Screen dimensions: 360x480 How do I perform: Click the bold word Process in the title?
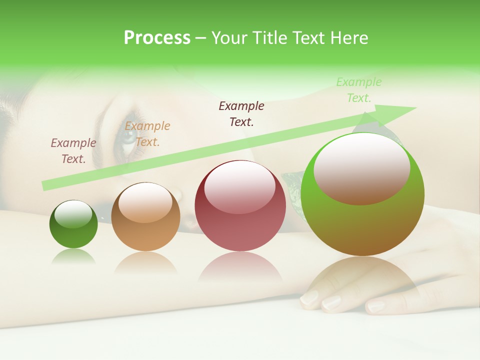pyautogui.click(x=157, y=38)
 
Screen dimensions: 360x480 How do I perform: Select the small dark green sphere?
pyautogui.click(x=73, y=224)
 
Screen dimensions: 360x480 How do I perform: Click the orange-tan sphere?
pyautogui.click(x=145, y=217)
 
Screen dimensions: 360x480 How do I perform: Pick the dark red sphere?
pyautogui.click(x=240, y=206)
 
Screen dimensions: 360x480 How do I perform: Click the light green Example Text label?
pyautogui.click(x=358, y=90)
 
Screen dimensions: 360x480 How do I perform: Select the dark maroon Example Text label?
pyautogui.click(x=241, y=113)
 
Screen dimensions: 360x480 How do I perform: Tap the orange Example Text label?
pyautogui.click(x=147, y=134)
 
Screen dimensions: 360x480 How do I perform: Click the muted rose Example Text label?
pyautogui.click(x=73, y=150)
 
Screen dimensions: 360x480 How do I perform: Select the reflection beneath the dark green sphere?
pyautogui.click(x=73, y=257)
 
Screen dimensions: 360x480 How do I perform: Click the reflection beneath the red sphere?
pyautogui.click(x=240, y=267)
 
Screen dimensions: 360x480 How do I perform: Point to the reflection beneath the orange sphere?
pyautogui.click(x=145, y=262)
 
